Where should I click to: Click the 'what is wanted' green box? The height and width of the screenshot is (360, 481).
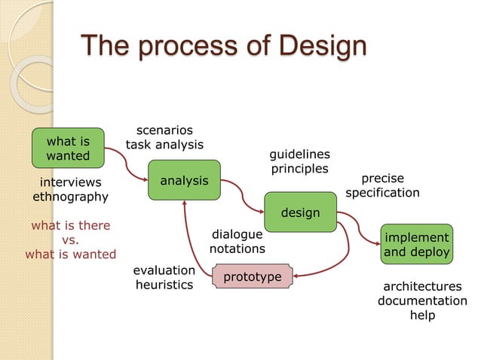coord(68,148)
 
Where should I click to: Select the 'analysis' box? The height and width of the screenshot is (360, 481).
coord(184,180)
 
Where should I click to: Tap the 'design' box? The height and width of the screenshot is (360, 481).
coord(300,212)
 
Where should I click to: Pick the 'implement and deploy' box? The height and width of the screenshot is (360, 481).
coord(417,245)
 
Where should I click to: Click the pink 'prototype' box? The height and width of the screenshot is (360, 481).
coord(253,277)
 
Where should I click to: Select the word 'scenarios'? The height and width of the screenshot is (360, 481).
coord(164,130)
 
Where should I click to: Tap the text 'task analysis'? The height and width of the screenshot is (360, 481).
coord(164,145)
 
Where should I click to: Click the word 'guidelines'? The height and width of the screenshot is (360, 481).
coord(299,154)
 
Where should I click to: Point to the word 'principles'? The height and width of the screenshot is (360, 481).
coord(299,168)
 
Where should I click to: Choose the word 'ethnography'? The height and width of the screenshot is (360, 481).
coord(70,197)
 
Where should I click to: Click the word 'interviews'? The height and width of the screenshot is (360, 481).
coord(70,182)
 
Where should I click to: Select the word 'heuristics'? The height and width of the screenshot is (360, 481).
coord(164,285)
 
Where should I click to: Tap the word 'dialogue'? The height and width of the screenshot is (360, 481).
coord(237,234)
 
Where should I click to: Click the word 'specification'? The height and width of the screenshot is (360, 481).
coord(382,193)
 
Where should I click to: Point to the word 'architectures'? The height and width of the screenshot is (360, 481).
coord(422,287)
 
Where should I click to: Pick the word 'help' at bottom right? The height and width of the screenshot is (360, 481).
coord(422,316)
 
